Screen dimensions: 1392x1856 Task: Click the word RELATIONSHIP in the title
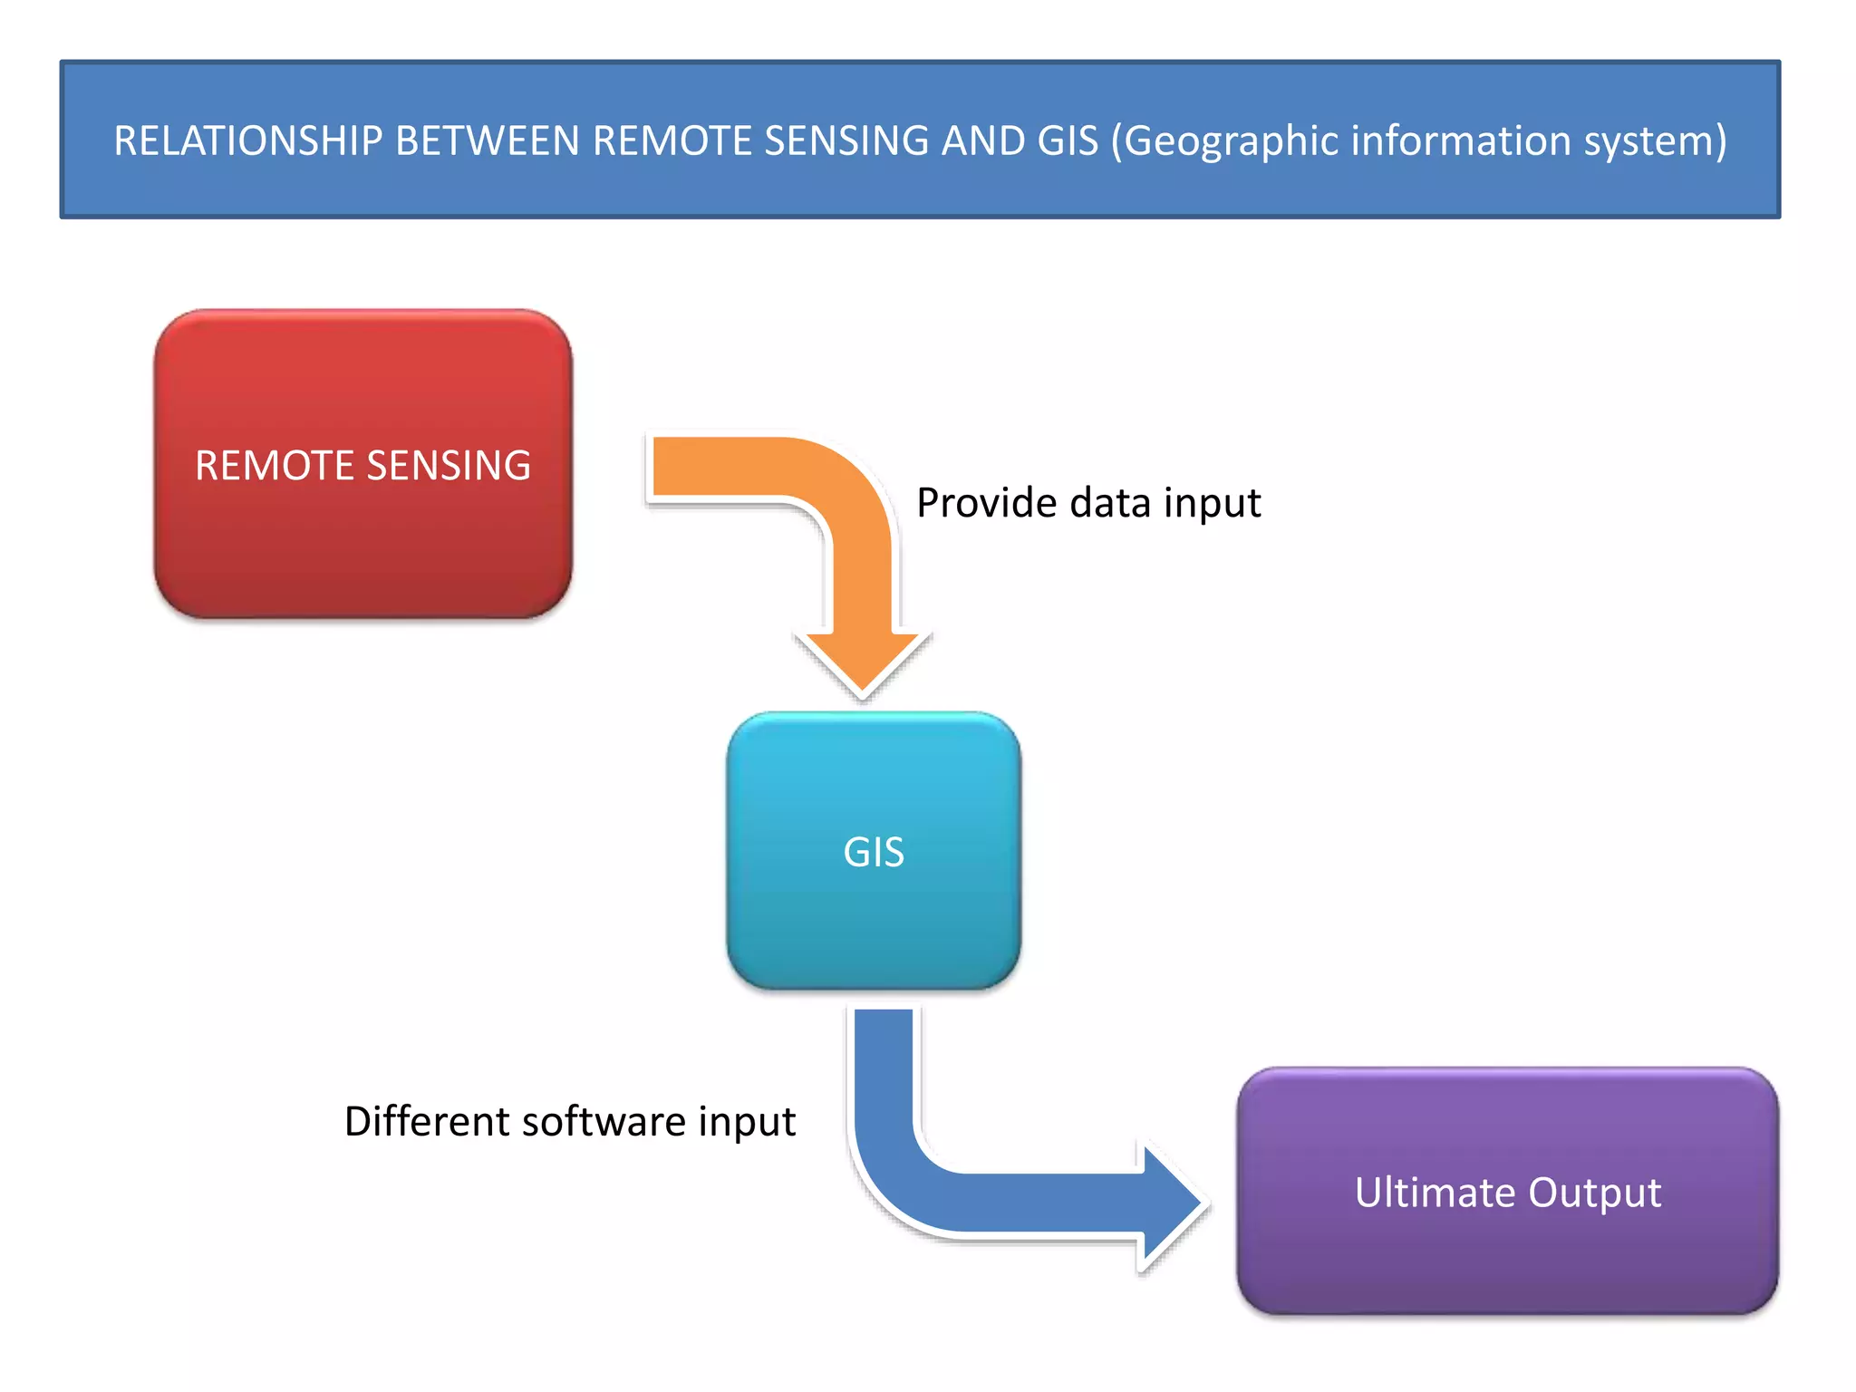247,141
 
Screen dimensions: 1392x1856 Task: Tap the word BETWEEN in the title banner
488,141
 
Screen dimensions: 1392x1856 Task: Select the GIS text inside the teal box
874,852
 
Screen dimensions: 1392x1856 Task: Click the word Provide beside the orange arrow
986,503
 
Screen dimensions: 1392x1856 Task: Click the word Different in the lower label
427,1121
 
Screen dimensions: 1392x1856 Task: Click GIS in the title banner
1068,141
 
